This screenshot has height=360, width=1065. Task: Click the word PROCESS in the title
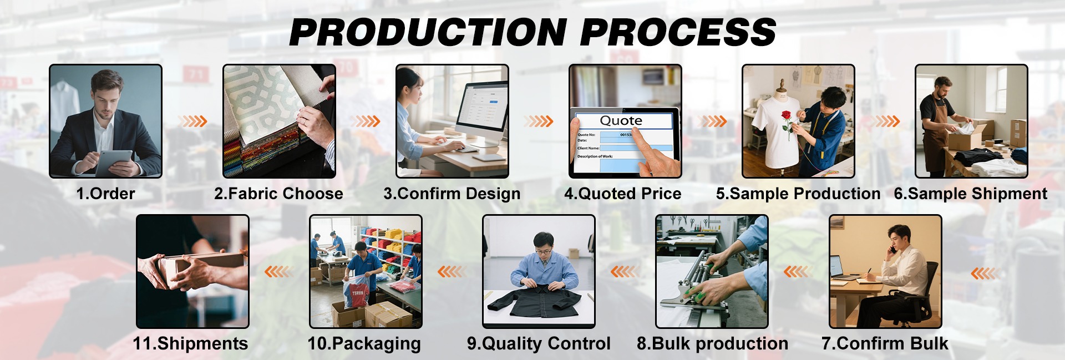(x=678, y=32)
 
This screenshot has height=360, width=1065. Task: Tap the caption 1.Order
(x=105, y=194)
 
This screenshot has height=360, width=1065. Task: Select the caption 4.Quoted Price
(x=622, y=194)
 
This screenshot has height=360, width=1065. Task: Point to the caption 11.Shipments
(x=190, y=344)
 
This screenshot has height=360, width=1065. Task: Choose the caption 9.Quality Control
(x=539, y=344)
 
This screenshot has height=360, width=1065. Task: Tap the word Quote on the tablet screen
(x=621, y=121)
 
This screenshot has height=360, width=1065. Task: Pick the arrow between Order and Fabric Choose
(x=192, y=121)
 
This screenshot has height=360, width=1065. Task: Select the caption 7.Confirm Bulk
(x=885, y=344)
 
